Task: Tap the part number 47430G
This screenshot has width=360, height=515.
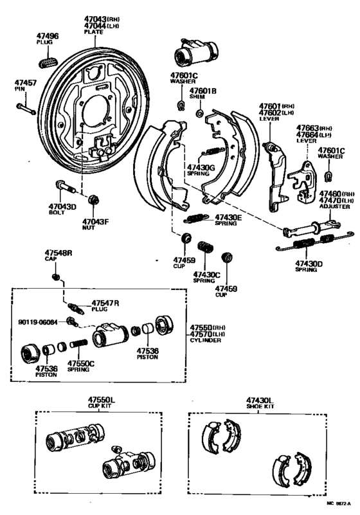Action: [x=200, y=167]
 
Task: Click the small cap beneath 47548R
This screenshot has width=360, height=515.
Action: [x=57, y=277]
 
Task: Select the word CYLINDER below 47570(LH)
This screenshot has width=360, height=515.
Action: [x=206, y=340]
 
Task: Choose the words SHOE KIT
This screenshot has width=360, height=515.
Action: [x=260, y=406]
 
